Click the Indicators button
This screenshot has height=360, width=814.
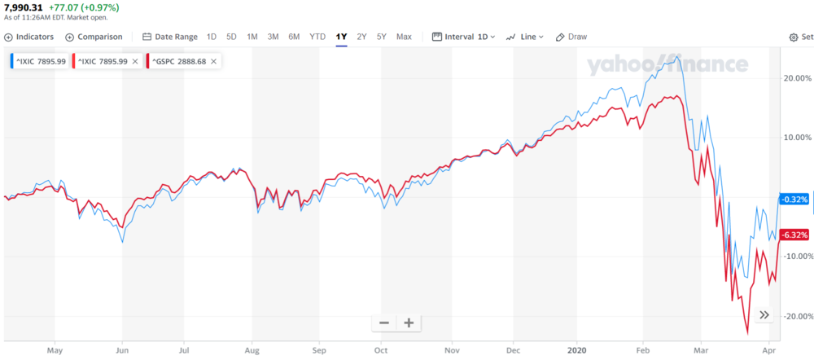click(29, 37)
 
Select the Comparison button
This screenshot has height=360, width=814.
click(94, 37)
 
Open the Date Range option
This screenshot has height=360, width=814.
click(170, 37)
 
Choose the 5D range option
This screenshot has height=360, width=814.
click(231, 37)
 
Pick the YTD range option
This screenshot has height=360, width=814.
click(317, 37)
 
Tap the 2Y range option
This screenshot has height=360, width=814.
click(361, 37)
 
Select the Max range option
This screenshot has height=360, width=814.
click(404, 37)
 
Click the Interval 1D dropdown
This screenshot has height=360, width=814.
click(463, 37)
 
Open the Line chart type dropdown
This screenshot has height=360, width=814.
click(525, 37)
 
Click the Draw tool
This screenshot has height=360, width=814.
click(571, 37)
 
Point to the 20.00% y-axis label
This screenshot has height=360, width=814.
click(795, 78)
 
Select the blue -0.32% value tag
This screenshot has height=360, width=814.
click(794, 199)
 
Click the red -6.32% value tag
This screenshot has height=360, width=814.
click(794, 235)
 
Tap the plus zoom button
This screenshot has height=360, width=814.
click(409, 323)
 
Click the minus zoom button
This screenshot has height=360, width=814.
click(384, 323)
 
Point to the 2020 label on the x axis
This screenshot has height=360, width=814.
click(576, 351)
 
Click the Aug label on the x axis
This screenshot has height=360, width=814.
click(252, 351)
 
